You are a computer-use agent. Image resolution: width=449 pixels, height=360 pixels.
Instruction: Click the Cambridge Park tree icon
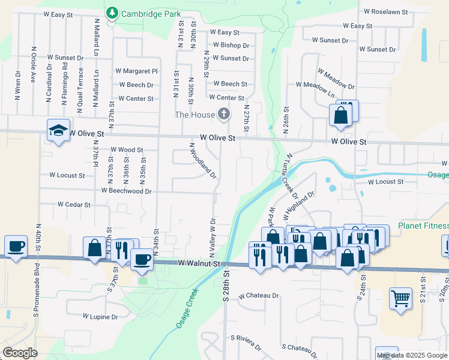tap(111, 13)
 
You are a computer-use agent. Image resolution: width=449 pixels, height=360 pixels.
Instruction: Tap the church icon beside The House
tap(224, 114)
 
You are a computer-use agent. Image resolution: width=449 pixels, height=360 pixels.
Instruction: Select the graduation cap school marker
tap(58, 130)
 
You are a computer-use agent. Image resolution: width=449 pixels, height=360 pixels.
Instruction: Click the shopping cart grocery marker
tap(400, 297)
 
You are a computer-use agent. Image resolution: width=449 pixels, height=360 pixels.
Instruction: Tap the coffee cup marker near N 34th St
tap(142, 258)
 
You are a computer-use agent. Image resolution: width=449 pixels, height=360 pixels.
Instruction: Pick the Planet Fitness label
tap(423, 226)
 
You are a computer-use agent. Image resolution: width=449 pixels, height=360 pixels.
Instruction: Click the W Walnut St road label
tap(200, 263)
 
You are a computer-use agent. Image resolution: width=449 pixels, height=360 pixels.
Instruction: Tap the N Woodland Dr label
tap(203, 160)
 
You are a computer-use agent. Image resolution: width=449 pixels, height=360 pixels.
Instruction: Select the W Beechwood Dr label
tap(127, 191)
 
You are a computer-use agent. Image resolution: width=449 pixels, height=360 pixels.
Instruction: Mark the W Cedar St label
tap(74, 205)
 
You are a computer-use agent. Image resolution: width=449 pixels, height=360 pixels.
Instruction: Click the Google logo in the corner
tap(20, 353)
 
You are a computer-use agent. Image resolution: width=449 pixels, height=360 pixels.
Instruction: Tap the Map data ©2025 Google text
tap(412, 355)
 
